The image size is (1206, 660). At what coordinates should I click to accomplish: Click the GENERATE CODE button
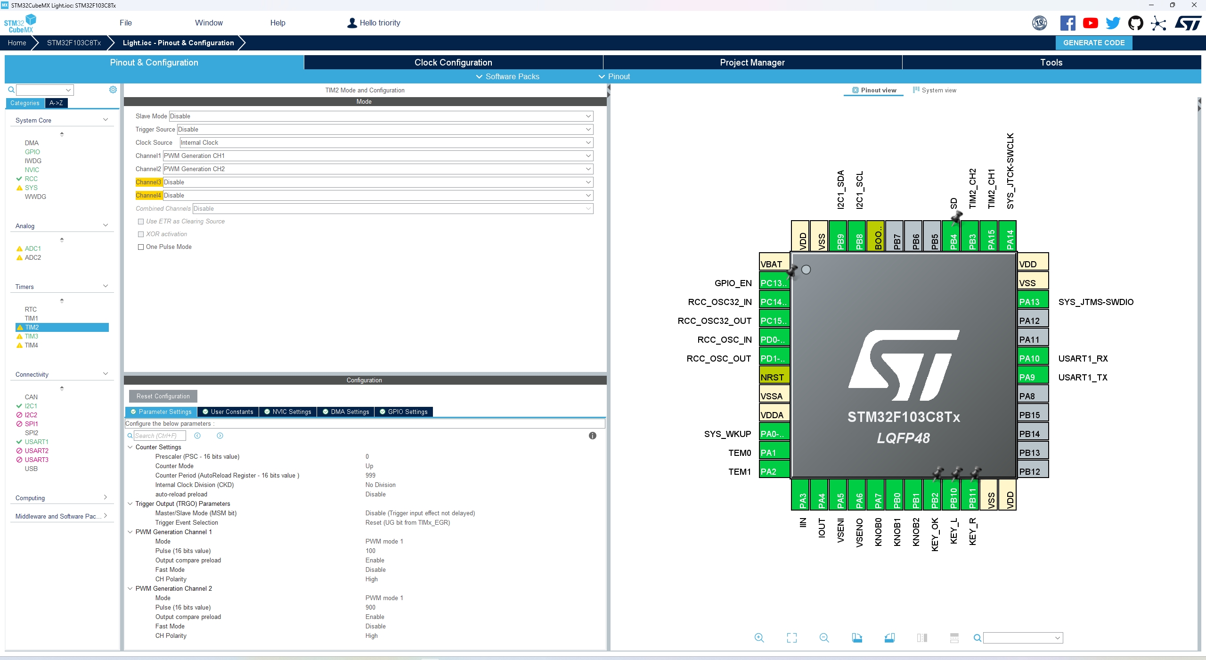pyautogui.click(x=1093, y=43)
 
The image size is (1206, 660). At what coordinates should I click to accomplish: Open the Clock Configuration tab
pyautogui.click(x=453, y=62)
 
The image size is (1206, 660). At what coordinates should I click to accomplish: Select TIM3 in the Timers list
pyautogui.click(x=32, y=336)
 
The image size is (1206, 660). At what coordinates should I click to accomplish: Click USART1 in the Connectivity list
pyautogui.click(x=36, y=442)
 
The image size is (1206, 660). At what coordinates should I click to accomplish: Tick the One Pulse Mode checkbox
pyautogui.click(x=141, y=247)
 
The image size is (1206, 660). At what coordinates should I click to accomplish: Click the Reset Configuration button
pyautogui.click(x=163, y=396)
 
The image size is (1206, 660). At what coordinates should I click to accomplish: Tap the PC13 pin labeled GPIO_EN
pyautogui.click(x=774, y=283)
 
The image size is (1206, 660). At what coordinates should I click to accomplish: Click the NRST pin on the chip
pyautogui.click(x=774, y=377)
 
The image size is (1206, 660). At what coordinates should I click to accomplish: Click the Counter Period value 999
pyautogui.click(x=371, y=475)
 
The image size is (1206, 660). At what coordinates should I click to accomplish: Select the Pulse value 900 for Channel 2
pyautogui.click(x=371, y=607)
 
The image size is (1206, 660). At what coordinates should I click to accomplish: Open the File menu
pyautogui.click(x=126, y=23)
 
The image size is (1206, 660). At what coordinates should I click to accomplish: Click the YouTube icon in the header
pyautogui.click(x=1090, y=23)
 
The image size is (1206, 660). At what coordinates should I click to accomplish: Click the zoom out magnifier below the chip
pyautogui.click(x=824, y=638)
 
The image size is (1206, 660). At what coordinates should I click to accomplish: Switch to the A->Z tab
pyautogui.click(x=56, y=103)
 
